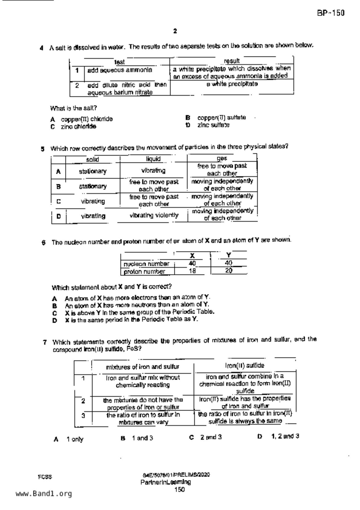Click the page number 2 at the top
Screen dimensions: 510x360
coord(175,31)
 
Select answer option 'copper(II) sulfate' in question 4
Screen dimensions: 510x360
coord(221,118)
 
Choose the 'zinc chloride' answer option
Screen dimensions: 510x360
coord(78,127)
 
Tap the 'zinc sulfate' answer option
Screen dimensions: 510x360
coord(213,125)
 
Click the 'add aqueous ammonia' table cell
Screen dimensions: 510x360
coord(119,70)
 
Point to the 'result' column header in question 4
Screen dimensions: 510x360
coord(232,61)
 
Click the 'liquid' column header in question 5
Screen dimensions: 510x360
coord(153,159)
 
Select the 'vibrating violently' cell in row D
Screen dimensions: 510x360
coord(154,215)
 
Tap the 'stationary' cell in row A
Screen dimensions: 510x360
coord(92,172)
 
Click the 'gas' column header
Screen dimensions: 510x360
coord(222,158)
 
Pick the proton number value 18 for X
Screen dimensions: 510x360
coord(192,271)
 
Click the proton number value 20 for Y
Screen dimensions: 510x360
coord(229,271)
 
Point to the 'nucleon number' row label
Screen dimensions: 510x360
coord(146,264)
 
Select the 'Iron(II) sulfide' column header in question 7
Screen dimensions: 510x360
coord(245,365)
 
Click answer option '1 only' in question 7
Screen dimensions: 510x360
coord(75,439)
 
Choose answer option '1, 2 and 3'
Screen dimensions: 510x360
coord(285,436)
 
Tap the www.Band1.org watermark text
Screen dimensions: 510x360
coord(44,494)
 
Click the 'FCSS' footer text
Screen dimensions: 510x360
coord(45,477)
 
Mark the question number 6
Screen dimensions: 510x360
coord(44,243)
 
